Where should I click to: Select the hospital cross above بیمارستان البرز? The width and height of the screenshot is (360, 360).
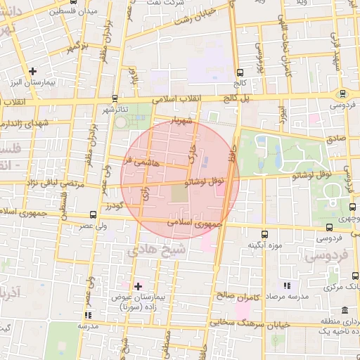[33, 71]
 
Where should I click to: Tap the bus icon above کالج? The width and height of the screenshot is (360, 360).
[240, 72]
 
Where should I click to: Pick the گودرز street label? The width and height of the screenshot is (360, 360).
[114, 206]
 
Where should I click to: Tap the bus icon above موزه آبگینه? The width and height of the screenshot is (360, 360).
[264, 235]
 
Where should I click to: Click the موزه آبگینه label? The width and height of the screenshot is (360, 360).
[264, 246]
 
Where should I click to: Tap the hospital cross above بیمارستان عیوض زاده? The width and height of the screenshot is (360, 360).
[138, 285]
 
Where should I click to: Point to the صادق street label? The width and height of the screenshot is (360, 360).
[336, 139]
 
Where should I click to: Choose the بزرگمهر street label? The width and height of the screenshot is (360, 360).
[76, 48]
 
